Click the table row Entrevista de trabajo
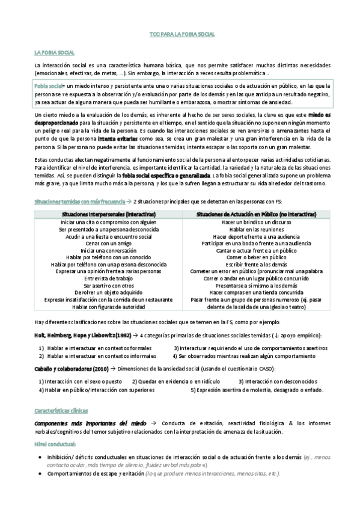click(109, 278)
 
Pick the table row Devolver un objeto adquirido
click(109, 292)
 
